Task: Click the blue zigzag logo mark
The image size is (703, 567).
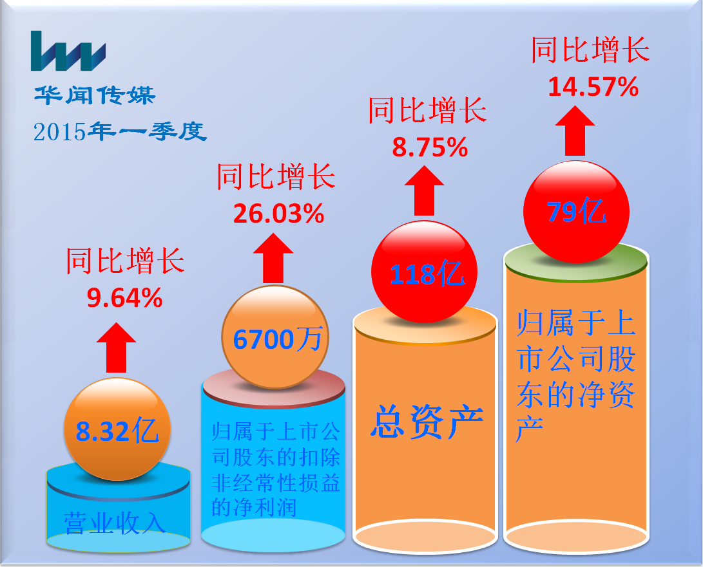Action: click(x=68, y=51)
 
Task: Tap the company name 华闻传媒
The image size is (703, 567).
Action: click(x=95, y=95)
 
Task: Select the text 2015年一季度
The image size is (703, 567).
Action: click(x=120, y=131)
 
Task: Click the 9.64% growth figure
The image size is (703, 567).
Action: click(x=124, y=298)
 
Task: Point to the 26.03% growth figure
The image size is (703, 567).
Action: click(x=278, y=214)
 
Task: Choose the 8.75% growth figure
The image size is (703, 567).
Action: click(x=430, y=147)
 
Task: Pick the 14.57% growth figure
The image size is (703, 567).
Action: click(x=593, y=86)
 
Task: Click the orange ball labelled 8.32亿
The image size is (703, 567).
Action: click(x=117, y=429)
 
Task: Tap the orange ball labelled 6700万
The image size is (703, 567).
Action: click(x=275, y=337)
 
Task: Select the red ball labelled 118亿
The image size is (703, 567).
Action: click(x=424, y=272)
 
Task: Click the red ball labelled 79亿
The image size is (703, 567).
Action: click(x=577, y=211)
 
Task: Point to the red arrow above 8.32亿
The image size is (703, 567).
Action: click(x=116, y=348)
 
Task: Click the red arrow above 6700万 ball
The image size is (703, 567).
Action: click(x=273, y=259)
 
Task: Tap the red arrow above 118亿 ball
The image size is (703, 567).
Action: click(x=424, y=191)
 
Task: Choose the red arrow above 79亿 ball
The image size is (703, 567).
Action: click(x=575, y=131)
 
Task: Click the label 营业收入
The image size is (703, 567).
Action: click(x=115, y=523)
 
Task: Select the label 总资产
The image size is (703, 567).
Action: click(x=427, y=422)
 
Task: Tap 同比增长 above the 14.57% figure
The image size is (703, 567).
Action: click(x=590, y=50)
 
